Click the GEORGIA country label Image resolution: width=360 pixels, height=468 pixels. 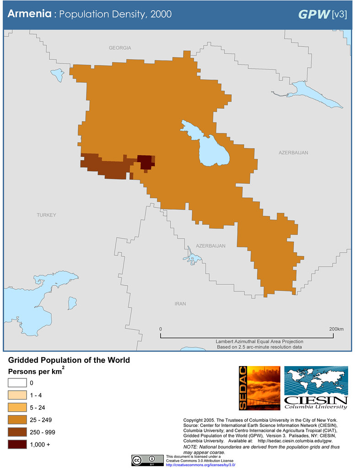[120, 48]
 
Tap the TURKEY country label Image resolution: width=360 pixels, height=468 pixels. [46, 215]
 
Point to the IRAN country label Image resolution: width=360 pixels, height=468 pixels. [181, 303]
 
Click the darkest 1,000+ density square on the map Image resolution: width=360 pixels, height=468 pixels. [145, 161]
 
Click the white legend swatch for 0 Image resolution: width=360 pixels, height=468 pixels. [17, 383]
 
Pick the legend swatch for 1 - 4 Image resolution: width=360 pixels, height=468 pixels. [17, 395]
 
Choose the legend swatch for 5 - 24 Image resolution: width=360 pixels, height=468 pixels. [17, 407]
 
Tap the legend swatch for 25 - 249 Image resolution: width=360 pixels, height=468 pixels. [17, 420]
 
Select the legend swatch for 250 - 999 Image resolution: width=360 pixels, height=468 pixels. [17, 432]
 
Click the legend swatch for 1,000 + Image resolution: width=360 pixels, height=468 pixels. [17, 444]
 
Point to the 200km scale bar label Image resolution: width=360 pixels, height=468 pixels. [336, 329]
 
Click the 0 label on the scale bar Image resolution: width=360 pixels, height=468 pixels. [161, 329]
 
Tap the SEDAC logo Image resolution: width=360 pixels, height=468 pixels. [258, 388]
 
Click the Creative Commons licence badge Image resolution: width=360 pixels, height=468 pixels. [147, 460]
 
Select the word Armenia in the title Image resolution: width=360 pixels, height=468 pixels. [29, 14]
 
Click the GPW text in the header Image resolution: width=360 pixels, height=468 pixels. [314, 14]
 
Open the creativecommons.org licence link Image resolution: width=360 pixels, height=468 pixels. [200, 464]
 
